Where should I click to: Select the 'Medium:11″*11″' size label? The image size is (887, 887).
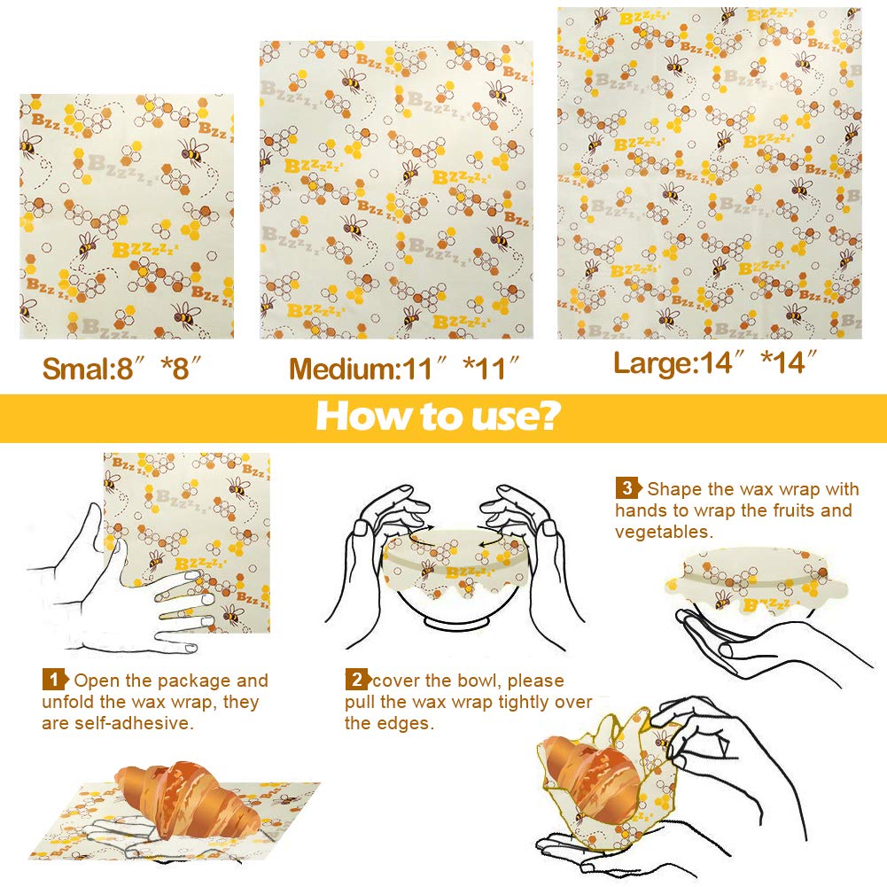403,369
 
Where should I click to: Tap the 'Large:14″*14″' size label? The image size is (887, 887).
714,363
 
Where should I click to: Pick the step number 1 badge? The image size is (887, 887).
54,681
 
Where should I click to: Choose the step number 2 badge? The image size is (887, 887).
356,681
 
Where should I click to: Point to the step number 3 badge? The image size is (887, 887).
627,488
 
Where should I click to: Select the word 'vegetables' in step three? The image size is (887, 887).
662,532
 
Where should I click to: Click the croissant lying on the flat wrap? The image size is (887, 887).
186,797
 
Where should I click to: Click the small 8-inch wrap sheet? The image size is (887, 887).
127,216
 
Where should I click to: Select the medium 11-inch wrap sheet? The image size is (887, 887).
396,190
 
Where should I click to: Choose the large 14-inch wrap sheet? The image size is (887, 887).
709,174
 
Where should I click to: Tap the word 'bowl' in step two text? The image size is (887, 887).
463,681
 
